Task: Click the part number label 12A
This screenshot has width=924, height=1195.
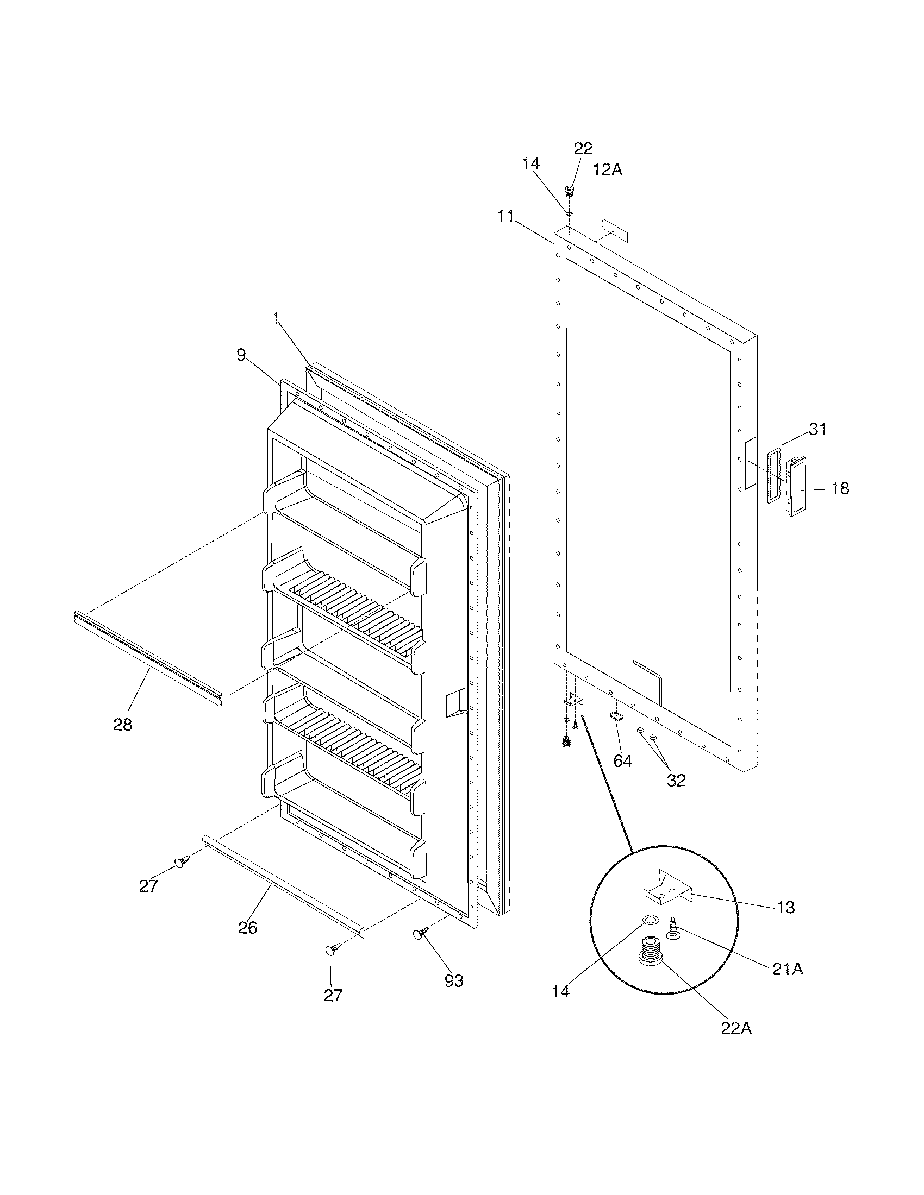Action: (608, 170)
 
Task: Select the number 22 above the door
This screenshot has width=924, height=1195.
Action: (583, 149)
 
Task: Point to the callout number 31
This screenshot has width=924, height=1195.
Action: (817, 430)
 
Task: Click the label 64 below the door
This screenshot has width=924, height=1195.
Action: (622, 761)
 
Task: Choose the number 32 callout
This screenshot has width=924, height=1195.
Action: (676, 780)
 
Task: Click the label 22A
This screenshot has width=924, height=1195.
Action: (736, 1029)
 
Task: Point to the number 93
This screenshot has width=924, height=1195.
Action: (454, 981)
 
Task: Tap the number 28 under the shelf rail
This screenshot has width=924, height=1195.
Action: (123, 725)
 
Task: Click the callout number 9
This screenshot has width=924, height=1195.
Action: (241, 355)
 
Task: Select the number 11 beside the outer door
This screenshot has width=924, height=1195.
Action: (506, 217)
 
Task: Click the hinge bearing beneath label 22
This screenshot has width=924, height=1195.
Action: (569, 192)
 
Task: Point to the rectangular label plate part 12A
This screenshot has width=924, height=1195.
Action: (614, 229)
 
